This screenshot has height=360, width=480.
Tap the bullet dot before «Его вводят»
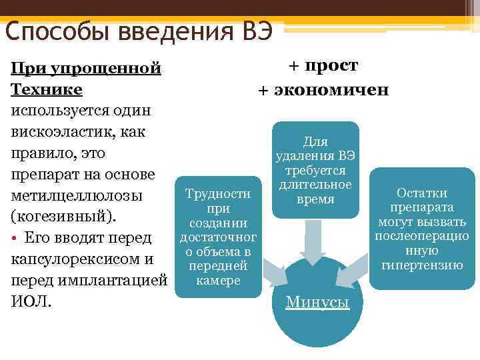point(14,238)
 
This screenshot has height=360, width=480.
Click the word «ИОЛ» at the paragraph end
point(31,301)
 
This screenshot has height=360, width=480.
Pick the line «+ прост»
point(323,65)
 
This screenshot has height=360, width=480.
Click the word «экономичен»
point(333,89)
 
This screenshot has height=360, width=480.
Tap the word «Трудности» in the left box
point(217,194)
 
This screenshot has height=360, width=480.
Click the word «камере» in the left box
point(217,281)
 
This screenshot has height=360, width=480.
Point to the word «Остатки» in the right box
point(422,193)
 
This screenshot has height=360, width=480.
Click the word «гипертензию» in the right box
point(422,265)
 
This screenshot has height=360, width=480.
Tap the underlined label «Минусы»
point(317,302)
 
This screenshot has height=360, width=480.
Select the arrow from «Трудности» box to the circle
point(273,273)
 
